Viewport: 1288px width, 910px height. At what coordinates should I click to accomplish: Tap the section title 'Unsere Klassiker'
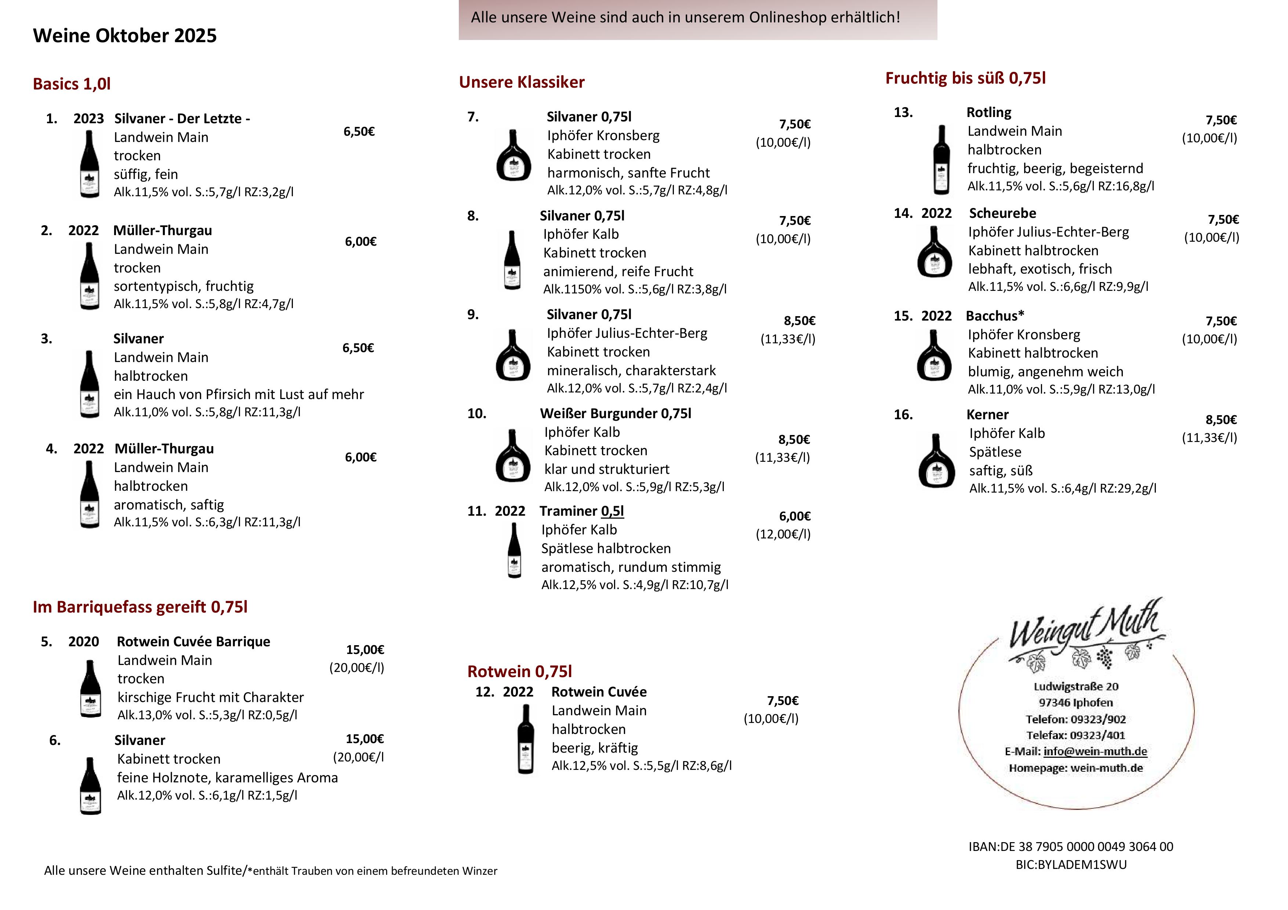click(521, 83)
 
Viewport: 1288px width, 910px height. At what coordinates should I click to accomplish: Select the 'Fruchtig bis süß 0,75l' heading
click(965, 78)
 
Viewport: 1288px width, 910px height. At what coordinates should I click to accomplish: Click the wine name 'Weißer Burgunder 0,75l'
click(616, 414)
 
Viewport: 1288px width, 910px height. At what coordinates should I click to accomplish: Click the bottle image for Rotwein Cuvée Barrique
click(90, 688)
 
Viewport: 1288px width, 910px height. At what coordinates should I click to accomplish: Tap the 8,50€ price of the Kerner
click(1221, 420)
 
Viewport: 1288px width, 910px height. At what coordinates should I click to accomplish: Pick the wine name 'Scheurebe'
click(1002, 213)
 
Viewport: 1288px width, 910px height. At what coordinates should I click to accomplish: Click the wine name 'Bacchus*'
click(995, 316)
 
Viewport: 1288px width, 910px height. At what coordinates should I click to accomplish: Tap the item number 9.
click(473, 315)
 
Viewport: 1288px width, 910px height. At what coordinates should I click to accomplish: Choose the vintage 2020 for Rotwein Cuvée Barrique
click(84, 642)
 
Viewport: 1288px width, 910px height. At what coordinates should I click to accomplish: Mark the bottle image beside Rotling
click(941, 160)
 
